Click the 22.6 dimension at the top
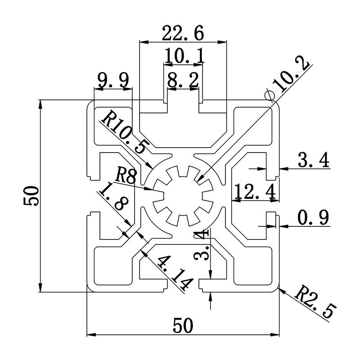[183, 33]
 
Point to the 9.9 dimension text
[113, 81]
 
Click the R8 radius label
[126, 175]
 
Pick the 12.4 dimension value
[255, 192]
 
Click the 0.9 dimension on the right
[313, 218]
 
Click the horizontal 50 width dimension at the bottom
[182, 325]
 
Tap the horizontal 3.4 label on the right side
[313, 160]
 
